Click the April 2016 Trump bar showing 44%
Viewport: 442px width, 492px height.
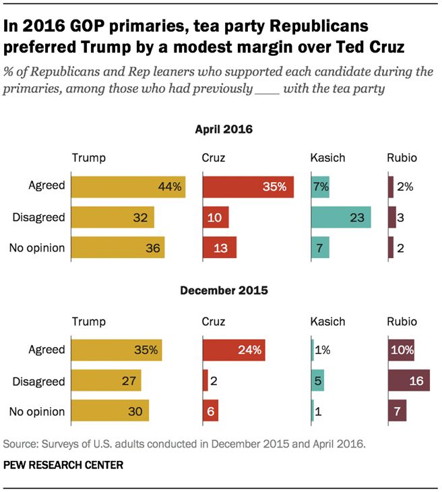pos(128,187)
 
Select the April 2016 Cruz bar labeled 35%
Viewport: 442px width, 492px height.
pos(248,187)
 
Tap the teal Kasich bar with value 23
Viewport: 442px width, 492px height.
pos(341,217)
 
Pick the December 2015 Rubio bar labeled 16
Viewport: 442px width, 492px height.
pos(409,381)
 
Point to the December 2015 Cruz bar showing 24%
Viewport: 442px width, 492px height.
pos(233,350)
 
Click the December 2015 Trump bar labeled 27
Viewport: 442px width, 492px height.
pos(106,381)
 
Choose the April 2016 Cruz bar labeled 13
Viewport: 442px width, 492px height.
pos(220,247)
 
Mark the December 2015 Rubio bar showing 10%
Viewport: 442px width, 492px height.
pos(401,350)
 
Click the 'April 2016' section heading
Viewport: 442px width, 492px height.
pos(223,129)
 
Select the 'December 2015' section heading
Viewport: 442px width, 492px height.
pos(223,291)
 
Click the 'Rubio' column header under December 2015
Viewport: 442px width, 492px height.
pos(402,321)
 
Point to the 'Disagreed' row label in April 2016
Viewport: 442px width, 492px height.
pos(39,217)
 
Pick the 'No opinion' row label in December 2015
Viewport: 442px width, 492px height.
pos(37,411)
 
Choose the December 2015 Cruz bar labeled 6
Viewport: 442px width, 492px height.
pos(210,411)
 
